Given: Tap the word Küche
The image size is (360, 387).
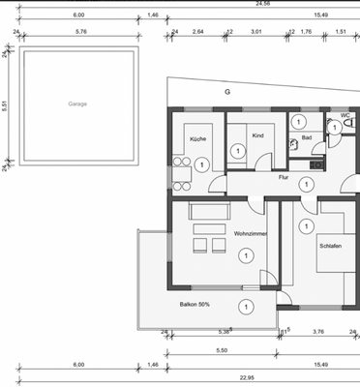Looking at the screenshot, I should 197,138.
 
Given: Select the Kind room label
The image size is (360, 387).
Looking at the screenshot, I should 257,135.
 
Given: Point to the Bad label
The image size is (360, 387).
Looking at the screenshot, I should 306,138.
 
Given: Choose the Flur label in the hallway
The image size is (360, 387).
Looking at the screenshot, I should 284,177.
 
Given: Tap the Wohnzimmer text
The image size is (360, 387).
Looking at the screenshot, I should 250,235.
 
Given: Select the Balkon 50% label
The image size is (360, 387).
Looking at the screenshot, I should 195,304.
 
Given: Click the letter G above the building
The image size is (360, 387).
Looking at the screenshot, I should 228,92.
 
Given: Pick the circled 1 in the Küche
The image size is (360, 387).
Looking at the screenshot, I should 200,165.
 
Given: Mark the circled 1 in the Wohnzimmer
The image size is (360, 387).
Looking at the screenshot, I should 247,254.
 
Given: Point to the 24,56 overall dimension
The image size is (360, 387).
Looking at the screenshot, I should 235,5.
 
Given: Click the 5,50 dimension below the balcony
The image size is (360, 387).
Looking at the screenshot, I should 221,350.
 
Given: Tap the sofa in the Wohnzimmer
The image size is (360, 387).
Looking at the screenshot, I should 205,210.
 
